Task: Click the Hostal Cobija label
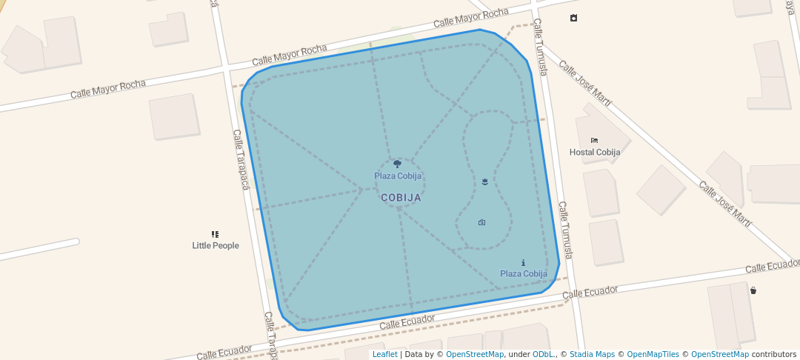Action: click(594, 152)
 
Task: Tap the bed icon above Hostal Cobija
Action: click(594, 141)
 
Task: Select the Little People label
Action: click(216, 245)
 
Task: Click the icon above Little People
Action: click(215, 234)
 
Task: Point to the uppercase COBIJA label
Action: click(401, 198)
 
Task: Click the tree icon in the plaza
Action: click(397, 164)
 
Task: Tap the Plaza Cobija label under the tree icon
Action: click(398, 176)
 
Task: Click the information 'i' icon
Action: click(523, 263)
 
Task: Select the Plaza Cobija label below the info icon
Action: click(523, 273)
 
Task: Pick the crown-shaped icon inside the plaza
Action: click(484, 181)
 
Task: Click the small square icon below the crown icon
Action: click(481, 222)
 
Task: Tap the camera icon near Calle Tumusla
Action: click(573, 18)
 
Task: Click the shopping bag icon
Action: click(753, 290)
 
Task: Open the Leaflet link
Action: click(384, 354)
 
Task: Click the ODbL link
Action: click(543, 354)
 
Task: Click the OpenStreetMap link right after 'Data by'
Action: click(474, 354)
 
